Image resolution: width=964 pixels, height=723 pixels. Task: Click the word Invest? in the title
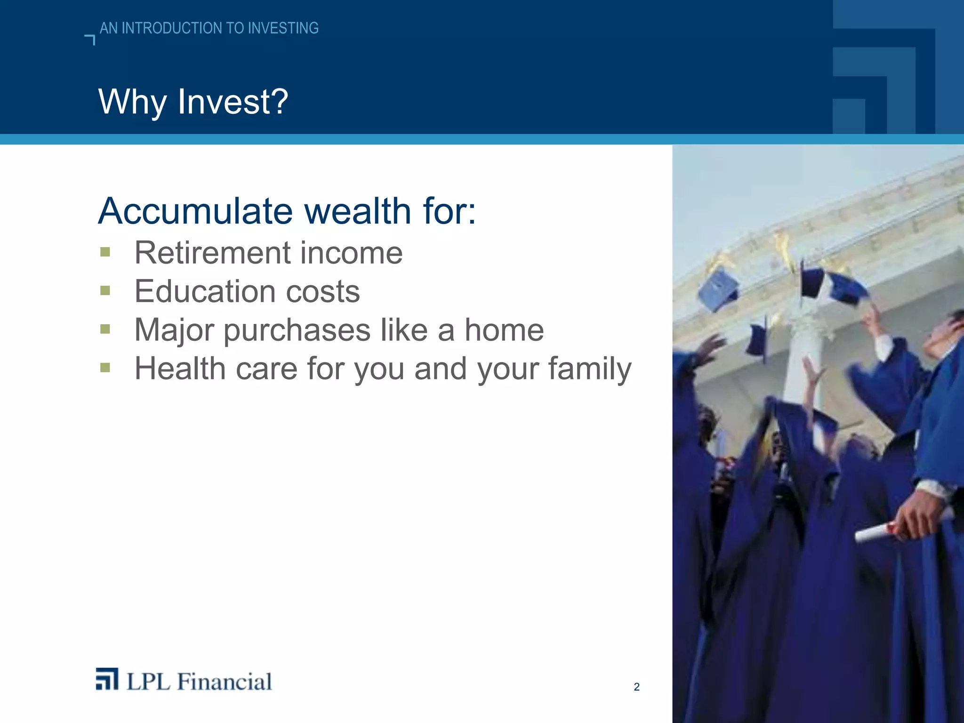coord(233,102)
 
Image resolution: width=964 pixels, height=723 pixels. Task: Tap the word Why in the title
coord(132,102)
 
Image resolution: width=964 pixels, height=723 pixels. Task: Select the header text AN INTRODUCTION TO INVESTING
coord(209,28)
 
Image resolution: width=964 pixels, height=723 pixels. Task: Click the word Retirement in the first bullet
coord(212,253)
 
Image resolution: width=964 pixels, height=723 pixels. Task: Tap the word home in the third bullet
coord(504,330)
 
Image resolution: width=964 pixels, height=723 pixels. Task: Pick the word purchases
coord(297,331)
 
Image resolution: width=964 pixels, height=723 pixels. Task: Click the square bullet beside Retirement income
coord(105,253)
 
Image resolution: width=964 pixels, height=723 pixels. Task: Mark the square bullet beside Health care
coord(105,368)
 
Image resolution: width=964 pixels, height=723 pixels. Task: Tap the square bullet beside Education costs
coord(105,291)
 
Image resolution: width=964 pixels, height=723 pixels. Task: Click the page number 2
coord(636,687)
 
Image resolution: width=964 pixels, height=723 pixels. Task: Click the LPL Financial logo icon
coord(107,679)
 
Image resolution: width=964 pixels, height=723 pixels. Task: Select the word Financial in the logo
coord(225,682)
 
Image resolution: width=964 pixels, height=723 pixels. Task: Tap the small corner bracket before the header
coord(90,40)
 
